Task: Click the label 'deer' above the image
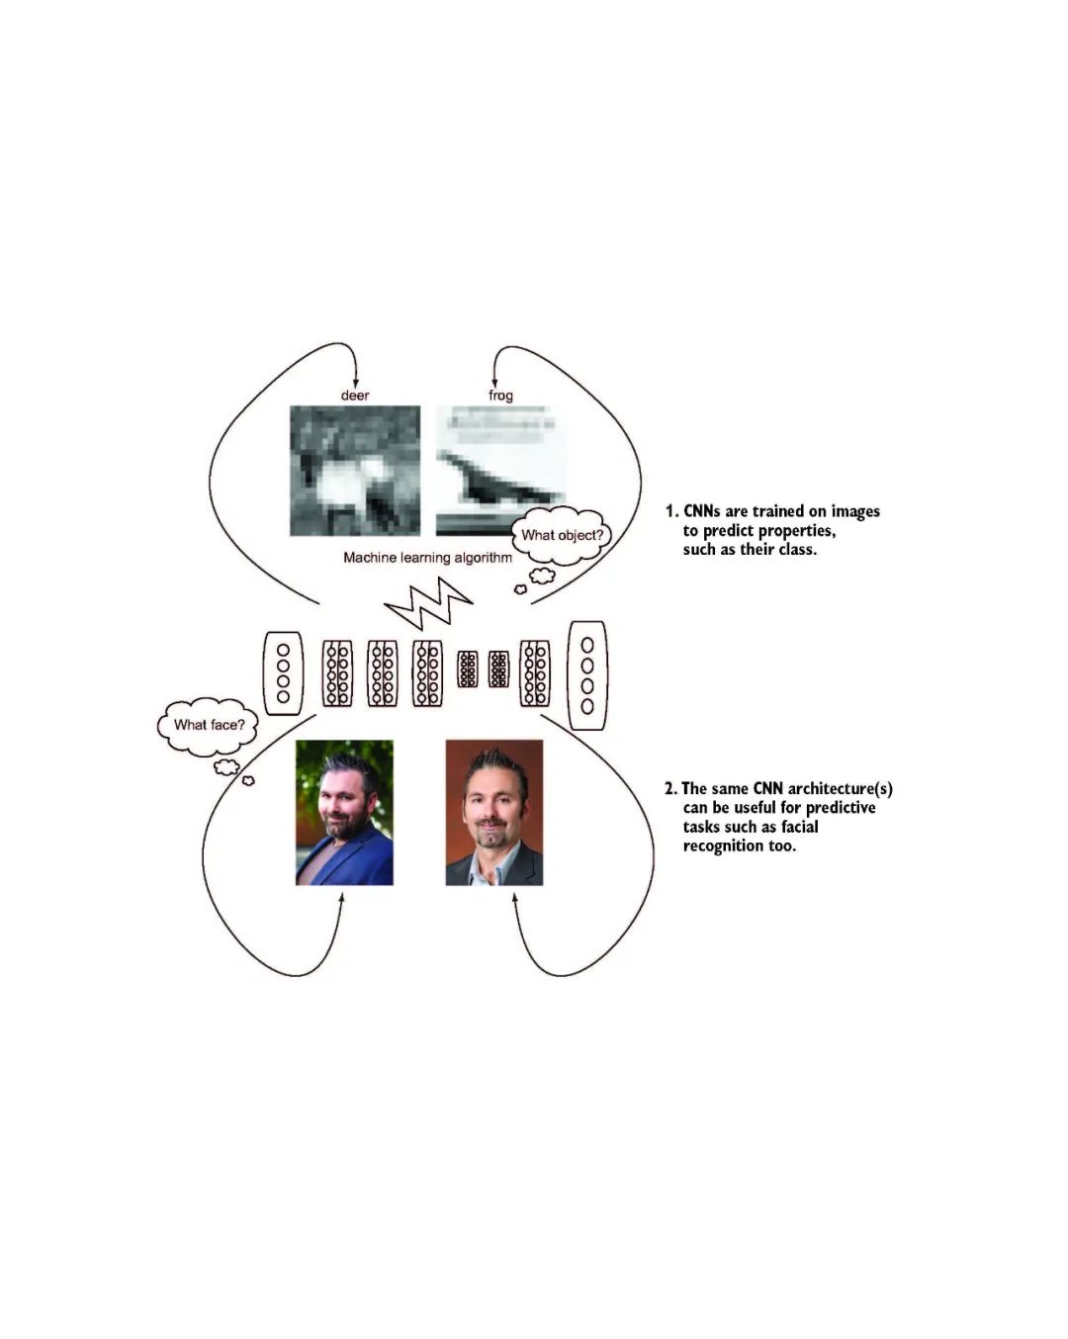tap(355, 396)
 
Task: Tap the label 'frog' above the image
tap(500, 396)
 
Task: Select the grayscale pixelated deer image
tap(355, 471)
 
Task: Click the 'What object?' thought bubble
tap(562, 536)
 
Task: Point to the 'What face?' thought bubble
tap(209, 725)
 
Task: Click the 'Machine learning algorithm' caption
tap(427, 558)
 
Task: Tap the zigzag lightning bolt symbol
tap(428, 602)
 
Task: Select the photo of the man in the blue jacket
tap(344, 812)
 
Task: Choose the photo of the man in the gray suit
tap(493, 812)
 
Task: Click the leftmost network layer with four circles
tap(283, 673)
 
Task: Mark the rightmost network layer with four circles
tap(587, 675)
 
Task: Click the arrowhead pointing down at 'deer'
tap(355, 383)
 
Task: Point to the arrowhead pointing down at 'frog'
tap(494, 383)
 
